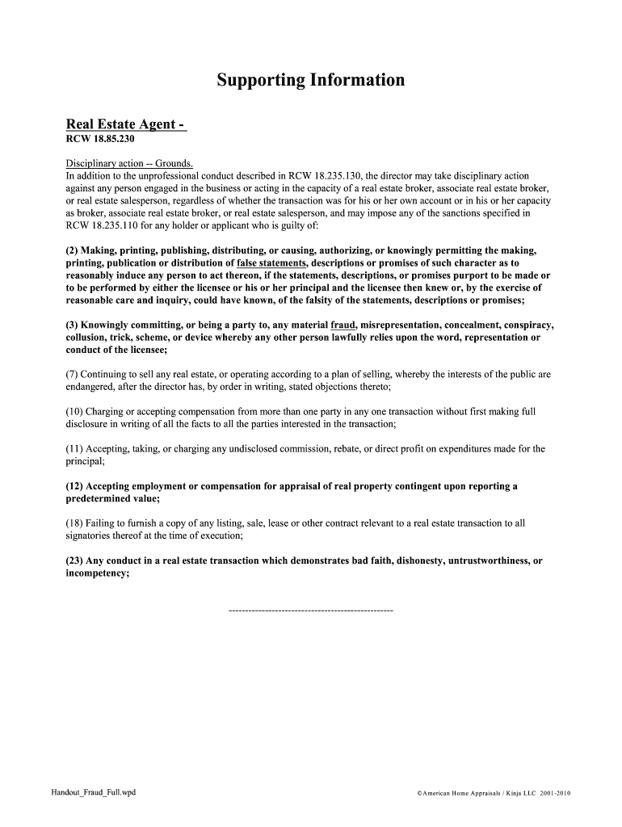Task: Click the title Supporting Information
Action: pyautogui.click(x=310, y=81)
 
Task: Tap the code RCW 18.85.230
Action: pyautogui.click(x=99, y=139)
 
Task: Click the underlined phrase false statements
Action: pyautogui.click(x=272, y=263)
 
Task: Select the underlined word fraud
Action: pyautogui.click(x=344, y=325)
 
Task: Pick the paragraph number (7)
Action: pyautogui.click(x=73, y=375)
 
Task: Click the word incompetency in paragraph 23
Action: pyautogui.click(x=97, y=573)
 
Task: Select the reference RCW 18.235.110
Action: pyautogui.click(x=103, y=225)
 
